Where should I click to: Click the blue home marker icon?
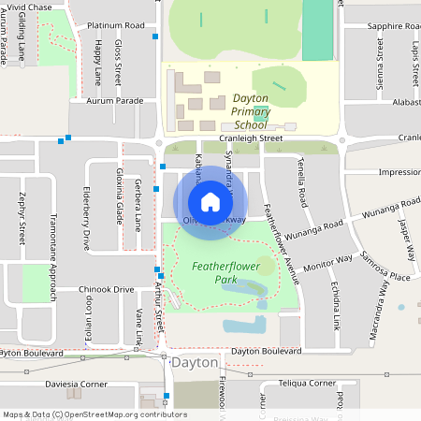coord(210,202)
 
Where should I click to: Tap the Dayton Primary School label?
coord(231,110)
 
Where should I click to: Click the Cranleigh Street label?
coord(257,138)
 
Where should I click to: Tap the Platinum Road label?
coord(114,25)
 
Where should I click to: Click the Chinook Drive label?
coord(107,290)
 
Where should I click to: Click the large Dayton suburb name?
coord(194,363)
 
